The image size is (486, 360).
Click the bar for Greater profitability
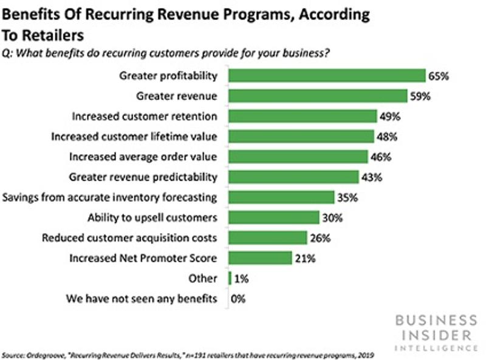click(x=326, y=76)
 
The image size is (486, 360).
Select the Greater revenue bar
click(x=317, y=96)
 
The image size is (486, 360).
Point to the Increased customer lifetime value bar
click(x=301, y=137)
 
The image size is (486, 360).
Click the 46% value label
click(x=382, y=157)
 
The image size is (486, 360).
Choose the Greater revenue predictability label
click(x=143, y=177)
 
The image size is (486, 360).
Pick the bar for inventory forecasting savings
click(x=281, y=197)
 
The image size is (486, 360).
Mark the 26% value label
click(x=321, y=238)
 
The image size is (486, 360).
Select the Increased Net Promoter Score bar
click(x=260, y=258)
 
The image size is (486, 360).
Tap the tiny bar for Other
click(x=229, y=279)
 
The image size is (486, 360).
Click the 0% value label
click(x=239, y=299)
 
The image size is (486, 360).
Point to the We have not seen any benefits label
click(x=143, y=299)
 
